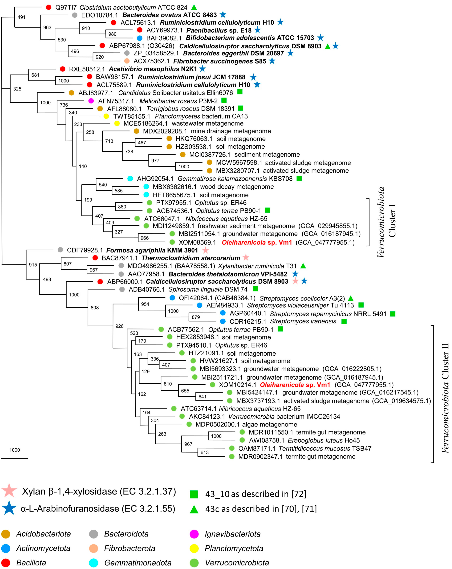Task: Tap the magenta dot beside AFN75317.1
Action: click(x=91, y=101)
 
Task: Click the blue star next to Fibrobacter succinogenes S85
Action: click(x=272, y=61)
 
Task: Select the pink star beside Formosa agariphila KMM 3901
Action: click(x=205, y=250)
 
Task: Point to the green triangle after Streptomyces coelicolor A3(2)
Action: click(x=350, y=298)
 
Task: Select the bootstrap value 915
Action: click(x=33, y=265)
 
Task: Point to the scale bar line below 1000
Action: click(x=15, y=458)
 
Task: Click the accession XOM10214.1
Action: click(x=237, y=385)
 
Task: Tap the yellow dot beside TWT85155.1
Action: click(x=106, y=116)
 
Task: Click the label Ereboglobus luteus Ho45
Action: click(x=324, y=440)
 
